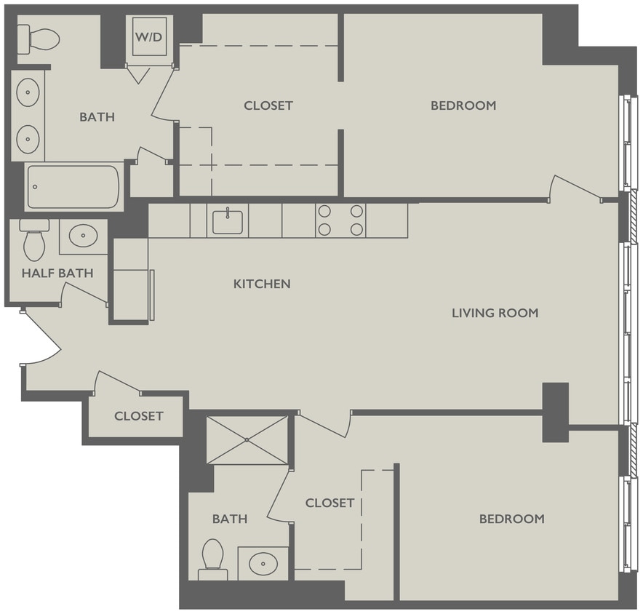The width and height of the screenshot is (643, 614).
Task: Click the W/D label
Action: coord(149,36)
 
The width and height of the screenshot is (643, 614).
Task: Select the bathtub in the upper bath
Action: coord(73,187)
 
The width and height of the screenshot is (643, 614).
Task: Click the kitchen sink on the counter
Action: coord(228,220)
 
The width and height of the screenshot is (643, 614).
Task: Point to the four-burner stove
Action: coord(340,220)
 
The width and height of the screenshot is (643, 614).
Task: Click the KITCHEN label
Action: coord(262,284)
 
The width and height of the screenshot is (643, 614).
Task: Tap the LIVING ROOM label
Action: coord(495,313)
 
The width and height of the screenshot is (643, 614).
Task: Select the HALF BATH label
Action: coord(57,274)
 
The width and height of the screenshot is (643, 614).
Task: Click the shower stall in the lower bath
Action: coord(247,439)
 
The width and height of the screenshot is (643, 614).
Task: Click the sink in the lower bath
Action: coord(263,562)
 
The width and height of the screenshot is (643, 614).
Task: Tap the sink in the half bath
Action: coord(83,236)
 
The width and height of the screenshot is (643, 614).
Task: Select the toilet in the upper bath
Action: coord(39,38)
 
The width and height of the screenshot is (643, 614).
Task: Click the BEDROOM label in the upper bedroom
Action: coord(463,105)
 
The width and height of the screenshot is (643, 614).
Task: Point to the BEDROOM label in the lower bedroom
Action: coord(511,519)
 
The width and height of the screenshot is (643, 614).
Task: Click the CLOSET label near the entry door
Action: coord(138,416)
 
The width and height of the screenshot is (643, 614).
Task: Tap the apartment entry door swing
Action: coord(42,340)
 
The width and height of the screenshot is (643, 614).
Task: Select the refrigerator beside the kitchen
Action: coord(131,279)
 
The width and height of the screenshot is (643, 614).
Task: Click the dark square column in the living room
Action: coord(555,412)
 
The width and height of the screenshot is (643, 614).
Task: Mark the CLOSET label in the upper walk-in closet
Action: coord(268,105)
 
